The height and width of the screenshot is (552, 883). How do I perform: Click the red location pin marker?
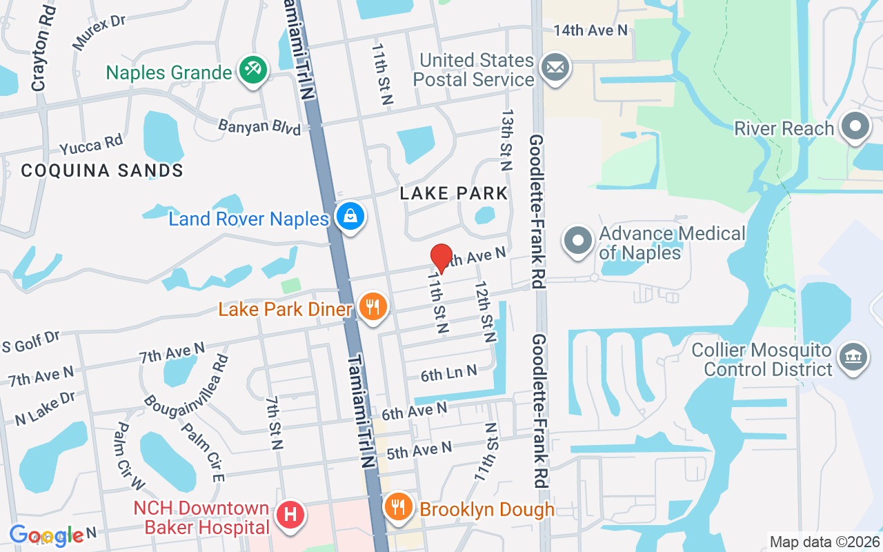(x=441, y=258)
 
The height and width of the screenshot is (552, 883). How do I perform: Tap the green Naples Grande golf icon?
(x=252, y=71)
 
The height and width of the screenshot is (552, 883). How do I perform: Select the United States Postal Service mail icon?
(x=555, y=68)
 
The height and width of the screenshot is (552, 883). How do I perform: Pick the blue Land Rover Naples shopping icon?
(x=350, y=217)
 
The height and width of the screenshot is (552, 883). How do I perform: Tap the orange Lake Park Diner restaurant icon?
(x=373, y=306)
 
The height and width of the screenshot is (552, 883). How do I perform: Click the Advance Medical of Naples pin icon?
(x=578, y=241)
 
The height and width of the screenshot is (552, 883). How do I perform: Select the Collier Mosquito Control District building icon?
(x=853, y=357)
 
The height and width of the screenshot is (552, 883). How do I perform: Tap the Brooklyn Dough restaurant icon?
(x=399, y=508)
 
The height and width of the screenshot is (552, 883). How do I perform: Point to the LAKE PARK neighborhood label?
(x=454, y=193)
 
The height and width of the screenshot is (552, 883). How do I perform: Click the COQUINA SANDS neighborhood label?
(x=102, y=170)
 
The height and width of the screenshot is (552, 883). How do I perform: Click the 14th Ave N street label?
(x=591, y=30)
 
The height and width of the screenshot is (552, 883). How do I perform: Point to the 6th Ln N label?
(x=449, y=373)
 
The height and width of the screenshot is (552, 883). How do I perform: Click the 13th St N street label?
(x=507, y=139)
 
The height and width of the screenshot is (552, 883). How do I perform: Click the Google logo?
(x=47, y=535)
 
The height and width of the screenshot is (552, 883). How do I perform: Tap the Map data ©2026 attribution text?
(x=825, y=542)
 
